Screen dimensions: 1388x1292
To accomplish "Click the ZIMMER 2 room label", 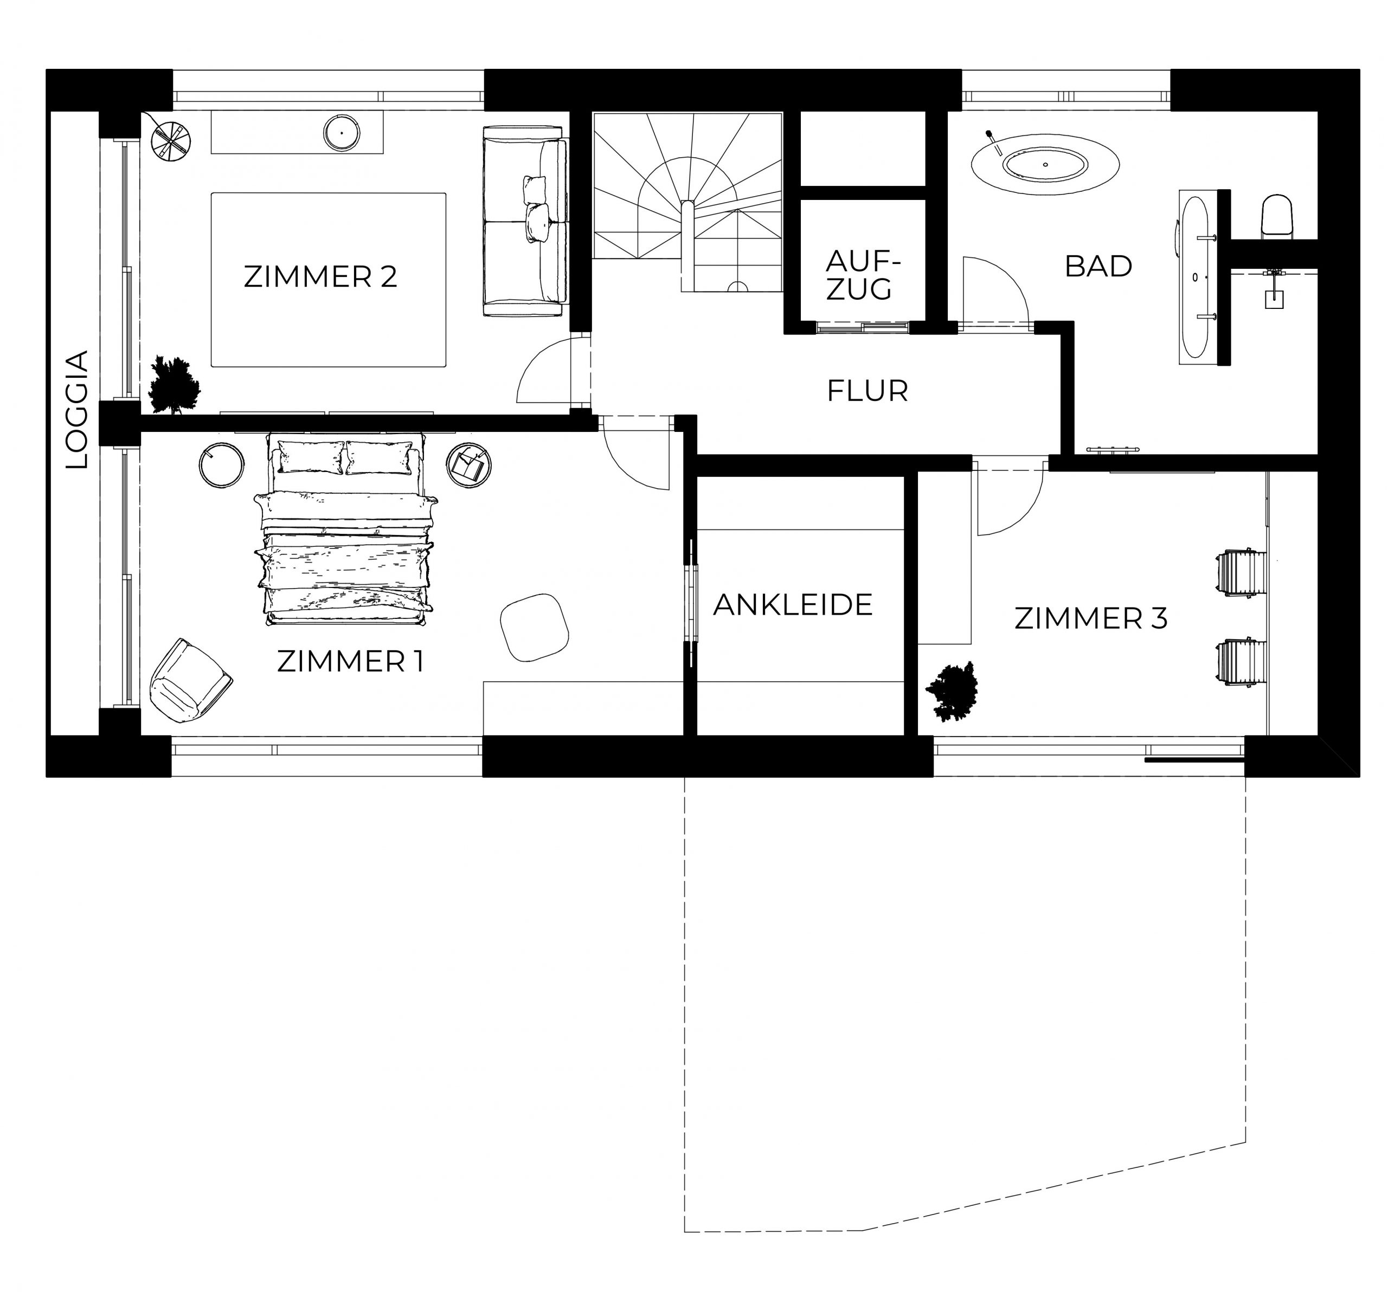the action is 320,276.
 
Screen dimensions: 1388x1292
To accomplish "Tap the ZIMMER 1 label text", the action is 350,661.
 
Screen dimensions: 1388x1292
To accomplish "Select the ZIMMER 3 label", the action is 1090,618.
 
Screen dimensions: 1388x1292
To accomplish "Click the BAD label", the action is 1098,266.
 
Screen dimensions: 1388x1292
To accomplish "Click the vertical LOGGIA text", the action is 77,409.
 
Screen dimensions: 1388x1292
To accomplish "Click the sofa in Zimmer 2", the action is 524,221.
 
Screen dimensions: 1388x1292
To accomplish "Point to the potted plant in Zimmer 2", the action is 175,385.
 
